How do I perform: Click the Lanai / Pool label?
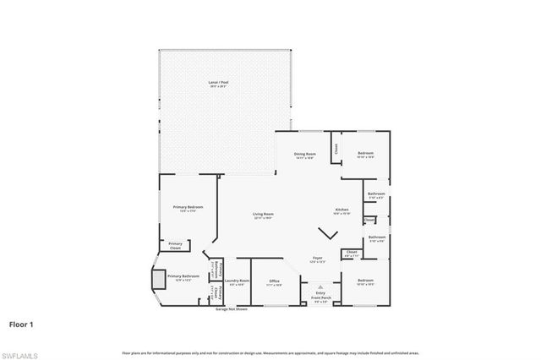click(x=219, y=83)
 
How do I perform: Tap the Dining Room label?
click(x=304, y=155)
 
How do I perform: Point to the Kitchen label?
click(x=342, y=210)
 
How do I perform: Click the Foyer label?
click(x=318, y=259)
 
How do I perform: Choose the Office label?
click(x=274, y=281)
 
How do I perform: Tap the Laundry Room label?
click(x=238, y=281)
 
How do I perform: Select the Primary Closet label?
click(x=175, y=246)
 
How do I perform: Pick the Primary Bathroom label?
click(x=183, y=276)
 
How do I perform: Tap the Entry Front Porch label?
click(x=320, y=296)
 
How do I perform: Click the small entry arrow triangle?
click(x=320, y=287)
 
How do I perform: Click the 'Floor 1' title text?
click(x=22, y=323)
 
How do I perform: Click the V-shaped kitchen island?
click(x=325, y=232)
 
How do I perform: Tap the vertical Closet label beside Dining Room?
click(x=335, y=147)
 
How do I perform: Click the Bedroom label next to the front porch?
click(x=365, y=281)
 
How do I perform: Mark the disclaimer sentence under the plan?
click(x=270, y=352)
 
